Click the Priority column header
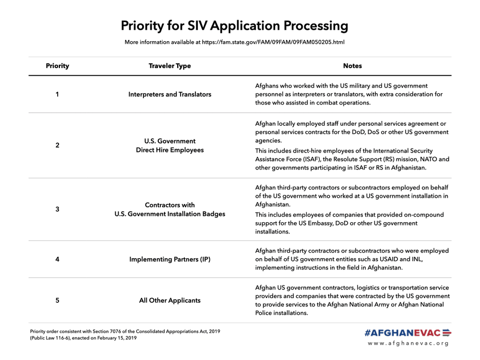point(57,66)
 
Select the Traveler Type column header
point(169,66)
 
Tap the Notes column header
point(352,66)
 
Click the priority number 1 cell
point(57,94)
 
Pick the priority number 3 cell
point(57,209)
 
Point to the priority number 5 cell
point(57,300)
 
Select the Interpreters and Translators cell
point(169,95)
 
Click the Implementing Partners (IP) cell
point(169,259)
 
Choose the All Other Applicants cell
point(169,300)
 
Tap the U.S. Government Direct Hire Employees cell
point(169,145)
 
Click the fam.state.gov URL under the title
point(273,42)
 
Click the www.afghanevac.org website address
point(408,343)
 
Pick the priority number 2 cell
point(57,145)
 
